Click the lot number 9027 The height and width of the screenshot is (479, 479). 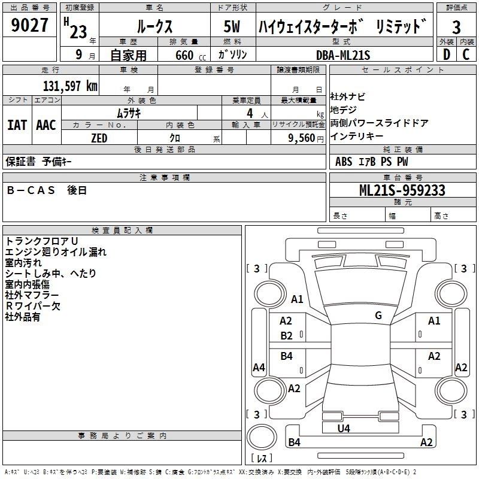(x=29, y=25)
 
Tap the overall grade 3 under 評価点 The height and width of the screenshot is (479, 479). (x=456, y=27)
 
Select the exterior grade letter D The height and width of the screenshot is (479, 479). (x=447, y=54)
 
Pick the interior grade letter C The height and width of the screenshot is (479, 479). (x=466, y=54)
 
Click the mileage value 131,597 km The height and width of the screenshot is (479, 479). (x=70, y=86)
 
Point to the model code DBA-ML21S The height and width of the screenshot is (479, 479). (x=343, y=55)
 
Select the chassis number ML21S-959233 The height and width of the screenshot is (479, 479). (x=402, y=190)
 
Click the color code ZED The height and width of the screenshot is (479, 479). (x=99, y=138)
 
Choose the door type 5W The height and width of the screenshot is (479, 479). (x=232, y=26)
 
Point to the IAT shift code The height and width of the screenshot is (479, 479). (x=17, y=125)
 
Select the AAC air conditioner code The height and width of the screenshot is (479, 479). (x=46, y=125)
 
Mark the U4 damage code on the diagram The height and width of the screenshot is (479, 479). (x=344, y=428)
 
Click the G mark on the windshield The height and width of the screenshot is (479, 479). (x=378, y=315)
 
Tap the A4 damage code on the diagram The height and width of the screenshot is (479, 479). (x=259, y=367)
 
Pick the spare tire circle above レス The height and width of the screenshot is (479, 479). (x=262, y=437)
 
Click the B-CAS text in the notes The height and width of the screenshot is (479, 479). (x=31, y=190)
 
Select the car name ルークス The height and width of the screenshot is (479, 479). (x=154, y=26)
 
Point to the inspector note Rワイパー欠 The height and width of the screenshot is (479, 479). (x=33, y=306)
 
